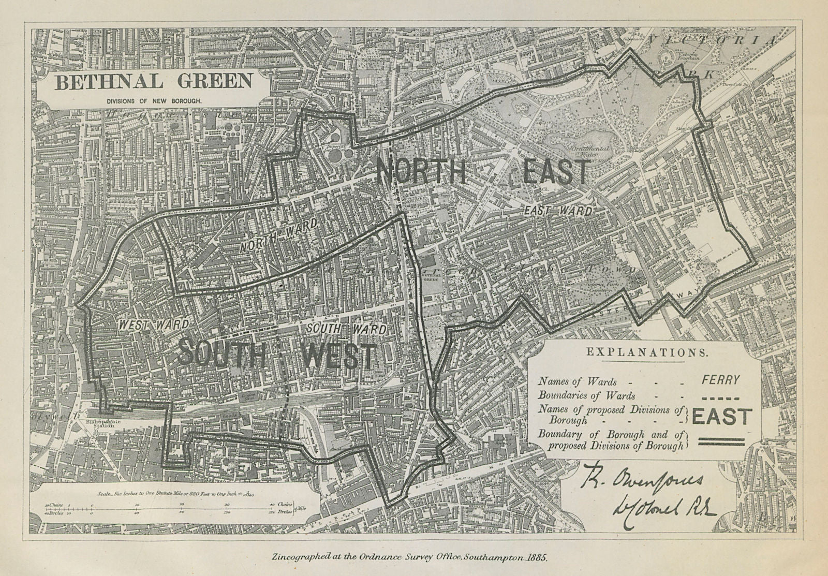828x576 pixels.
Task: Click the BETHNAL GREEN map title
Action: (x=154, y=82)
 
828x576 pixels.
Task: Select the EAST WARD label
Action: (x=557, y=211)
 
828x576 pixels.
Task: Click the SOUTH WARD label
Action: (x=346, y=329)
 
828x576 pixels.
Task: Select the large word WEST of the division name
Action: (x=339, y=356)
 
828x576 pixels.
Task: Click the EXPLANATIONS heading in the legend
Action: (x=646, y=352)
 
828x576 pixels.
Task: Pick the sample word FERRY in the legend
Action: (x=720, y=379)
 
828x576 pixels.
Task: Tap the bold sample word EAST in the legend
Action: (x=721, y=417)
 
